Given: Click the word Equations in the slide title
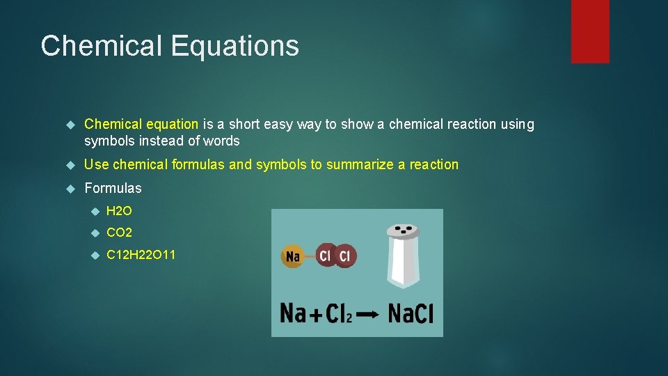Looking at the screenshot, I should click(x=234, y=47).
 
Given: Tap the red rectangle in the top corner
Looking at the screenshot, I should click(x=590, y=31).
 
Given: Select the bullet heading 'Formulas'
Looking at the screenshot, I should click(x=113, y=188).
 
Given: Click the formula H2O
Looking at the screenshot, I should click(x=119, y=211).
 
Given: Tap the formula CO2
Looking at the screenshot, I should click(x=119, y=233).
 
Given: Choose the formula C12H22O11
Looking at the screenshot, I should click(x=141, y=255).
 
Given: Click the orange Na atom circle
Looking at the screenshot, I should click(x=293, y=256).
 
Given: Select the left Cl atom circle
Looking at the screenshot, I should click(x=326, y=256).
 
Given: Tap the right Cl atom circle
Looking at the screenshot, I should click(x=344, y=256).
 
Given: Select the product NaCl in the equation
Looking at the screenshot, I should click(x=411, y=313).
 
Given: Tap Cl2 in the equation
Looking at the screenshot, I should click(x=340, y=314).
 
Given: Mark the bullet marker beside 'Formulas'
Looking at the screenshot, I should click(x=69, y=189).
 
